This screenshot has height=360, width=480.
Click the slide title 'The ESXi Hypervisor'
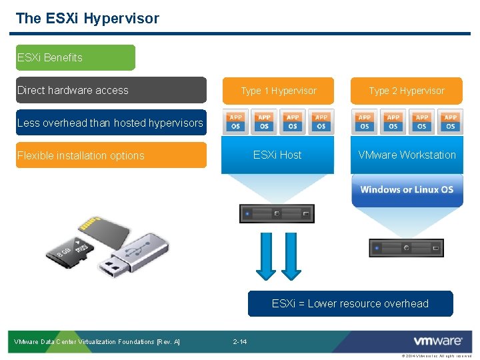click(x=87, y=19)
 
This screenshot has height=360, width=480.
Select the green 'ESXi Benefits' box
click(x=75, y=57)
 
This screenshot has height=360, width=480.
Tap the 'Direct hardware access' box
click(x=111, y=90)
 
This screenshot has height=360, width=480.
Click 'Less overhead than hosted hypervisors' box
click(x=111, y=123)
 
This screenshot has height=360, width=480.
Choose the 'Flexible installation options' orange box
click(x=111, y=155)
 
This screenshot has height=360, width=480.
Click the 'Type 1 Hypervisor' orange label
click(x=278, y=91)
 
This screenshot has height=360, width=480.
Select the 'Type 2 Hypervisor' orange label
click(x=406, y=91)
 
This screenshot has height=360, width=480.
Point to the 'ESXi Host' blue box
click(x=277, y=155)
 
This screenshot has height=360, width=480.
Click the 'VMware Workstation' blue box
click(x=407, y=155)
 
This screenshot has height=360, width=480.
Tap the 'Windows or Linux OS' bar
click(x=407, y=189)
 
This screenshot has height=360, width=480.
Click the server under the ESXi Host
click(x=277, y=213)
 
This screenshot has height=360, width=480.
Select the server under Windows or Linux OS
click(x=405, y=247)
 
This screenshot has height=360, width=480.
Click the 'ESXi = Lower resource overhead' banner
click(x=350, y=303)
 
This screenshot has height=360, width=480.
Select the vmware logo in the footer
click(x=437, y=341)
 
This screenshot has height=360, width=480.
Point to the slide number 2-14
click(x=240, y=342)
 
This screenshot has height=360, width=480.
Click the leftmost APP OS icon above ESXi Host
click(x=235, y=122)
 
